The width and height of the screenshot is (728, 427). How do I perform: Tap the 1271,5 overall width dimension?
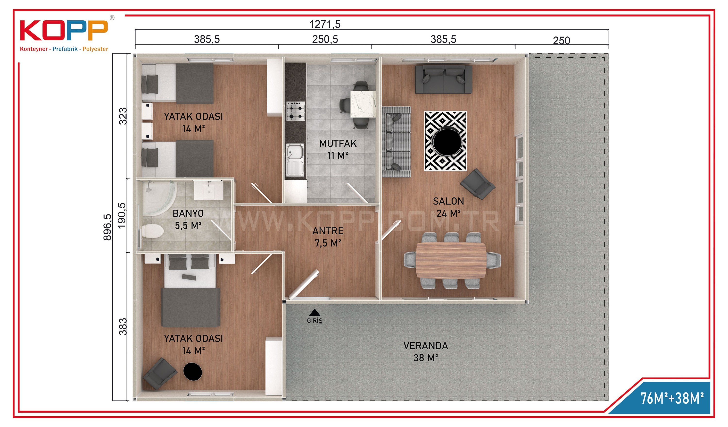coord(325,24)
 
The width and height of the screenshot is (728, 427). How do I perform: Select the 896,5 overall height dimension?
coord(107,227)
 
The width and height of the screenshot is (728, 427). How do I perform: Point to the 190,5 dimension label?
coord(122,215)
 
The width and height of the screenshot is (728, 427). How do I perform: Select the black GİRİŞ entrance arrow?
coord(314,313)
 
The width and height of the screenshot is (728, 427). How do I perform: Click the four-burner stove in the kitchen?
coord(296,111)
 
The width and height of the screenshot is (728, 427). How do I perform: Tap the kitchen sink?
coord(295,160)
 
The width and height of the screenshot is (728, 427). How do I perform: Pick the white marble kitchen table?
coord(363,104)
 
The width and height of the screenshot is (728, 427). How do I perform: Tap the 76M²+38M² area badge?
coord(672,398)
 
